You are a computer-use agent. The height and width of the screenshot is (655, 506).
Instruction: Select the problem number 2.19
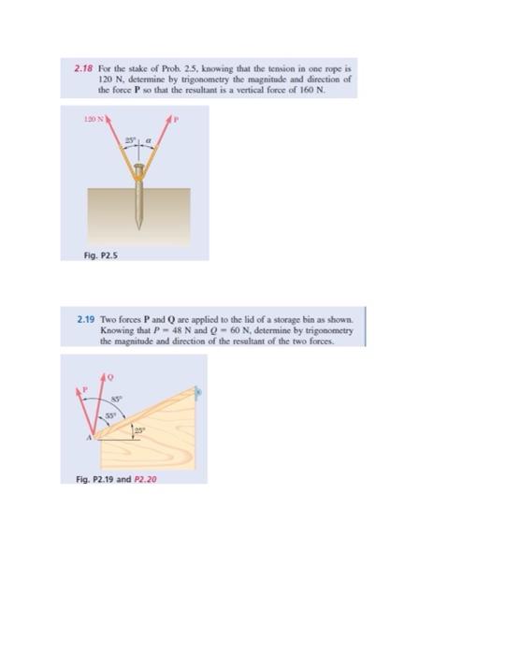coord(85,320)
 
